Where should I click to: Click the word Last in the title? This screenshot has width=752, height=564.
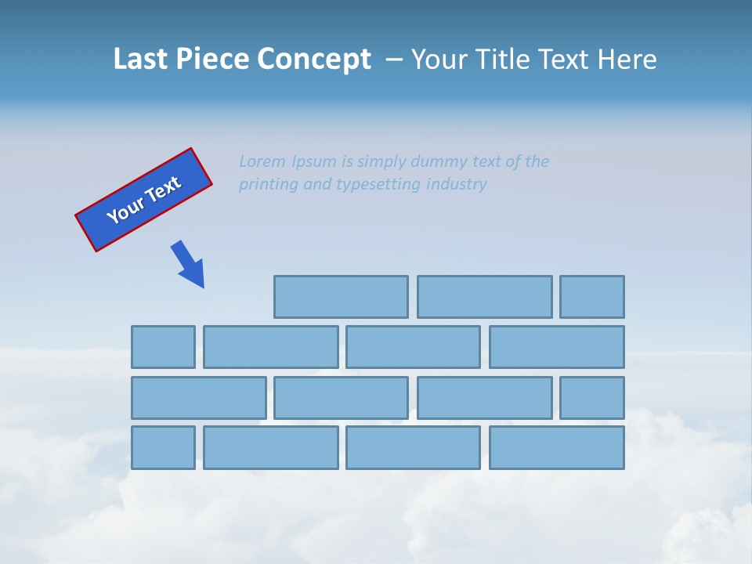click(x=139, y=60)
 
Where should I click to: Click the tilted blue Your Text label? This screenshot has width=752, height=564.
click(x=143, y=200)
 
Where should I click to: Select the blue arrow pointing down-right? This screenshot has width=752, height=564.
click(x=189, y=264)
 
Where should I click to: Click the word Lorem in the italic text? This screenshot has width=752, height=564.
click(x=262, y=161)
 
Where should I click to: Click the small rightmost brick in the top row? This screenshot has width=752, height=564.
click(x=592, y=297)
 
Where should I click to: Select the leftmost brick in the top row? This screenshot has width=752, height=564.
click(x=341, y=297)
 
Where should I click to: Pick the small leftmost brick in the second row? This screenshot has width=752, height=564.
click(x=163, y=347)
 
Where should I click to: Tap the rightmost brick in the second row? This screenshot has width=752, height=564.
click(x=557, y=347)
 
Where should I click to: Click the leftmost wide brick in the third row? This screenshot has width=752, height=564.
click(x=198, y=398)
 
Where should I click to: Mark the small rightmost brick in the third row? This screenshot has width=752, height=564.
click(x=592, y=398)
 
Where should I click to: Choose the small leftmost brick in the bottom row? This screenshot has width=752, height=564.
click(x=163, y=447)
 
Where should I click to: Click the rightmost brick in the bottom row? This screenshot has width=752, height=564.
click(x=557, y=447)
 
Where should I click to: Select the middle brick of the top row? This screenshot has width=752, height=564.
click(x=484, y=297)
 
